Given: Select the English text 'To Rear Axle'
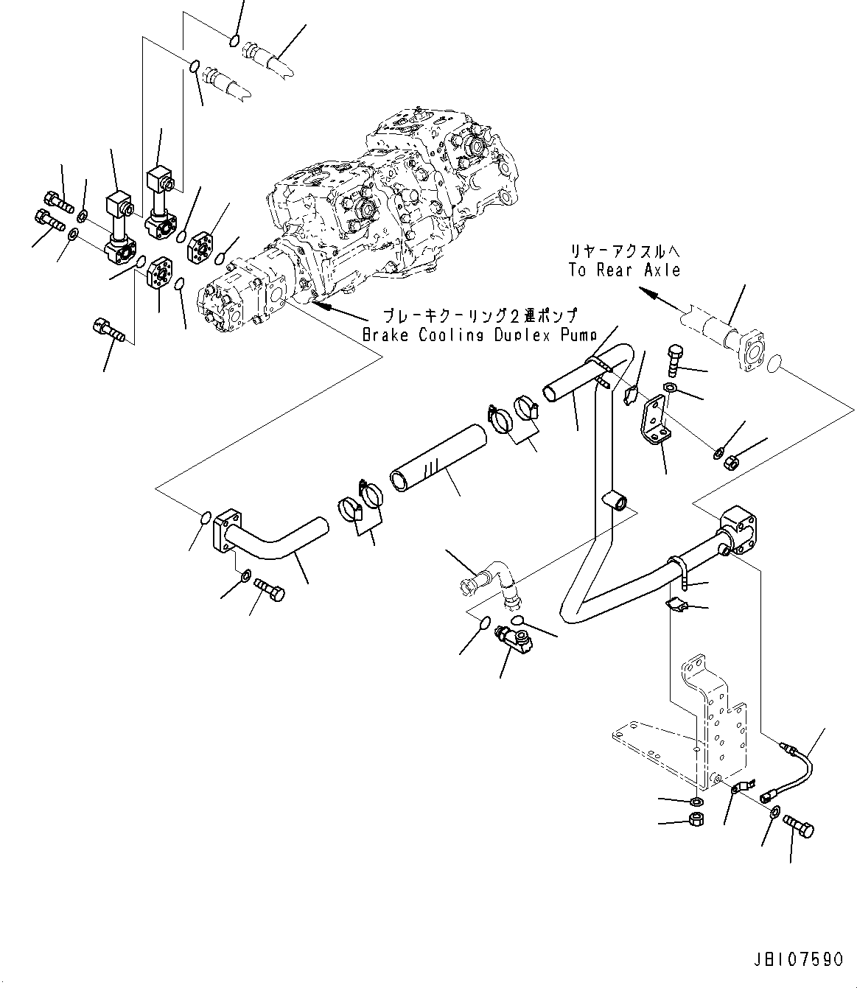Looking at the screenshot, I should (624, 270).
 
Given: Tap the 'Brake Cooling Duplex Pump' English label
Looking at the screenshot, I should (479, 335).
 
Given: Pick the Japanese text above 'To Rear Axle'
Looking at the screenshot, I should (624, 250).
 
